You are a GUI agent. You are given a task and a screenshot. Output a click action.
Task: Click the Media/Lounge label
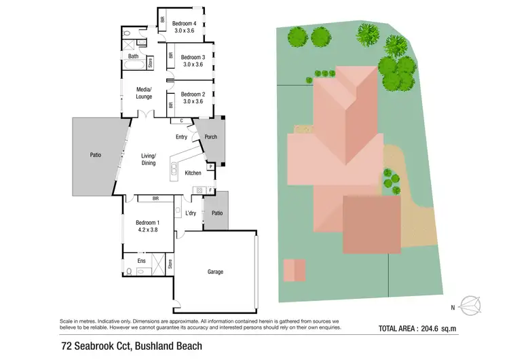click(x=144, y=93)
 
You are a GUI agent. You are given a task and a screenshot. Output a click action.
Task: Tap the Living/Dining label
click(x=148, y=159)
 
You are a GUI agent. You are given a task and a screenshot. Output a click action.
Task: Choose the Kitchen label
click(x=193, y=173)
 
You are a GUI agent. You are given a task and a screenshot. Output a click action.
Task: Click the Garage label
click(x=215, y=272)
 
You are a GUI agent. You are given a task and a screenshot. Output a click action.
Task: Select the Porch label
click(x=210, y=137)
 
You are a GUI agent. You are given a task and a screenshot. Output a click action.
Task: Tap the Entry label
click(x=181, y=137)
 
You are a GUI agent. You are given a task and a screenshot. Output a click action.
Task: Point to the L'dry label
click(x=191, y=213)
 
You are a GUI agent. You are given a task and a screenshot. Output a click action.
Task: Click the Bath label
click(x=133, y=56)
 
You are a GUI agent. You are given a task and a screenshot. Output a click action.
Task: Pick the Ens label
click(x=141, y=261)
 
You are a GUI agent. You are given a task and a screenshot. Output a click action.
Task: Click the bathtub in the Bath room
click(x=133, y=67)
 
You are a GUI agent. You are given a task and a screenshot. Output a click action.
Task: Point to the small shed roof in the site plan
click(x=294, y=270)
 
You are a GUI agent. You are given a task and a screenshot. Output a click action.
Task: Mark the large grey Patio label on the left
click(x=96, y=155)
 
